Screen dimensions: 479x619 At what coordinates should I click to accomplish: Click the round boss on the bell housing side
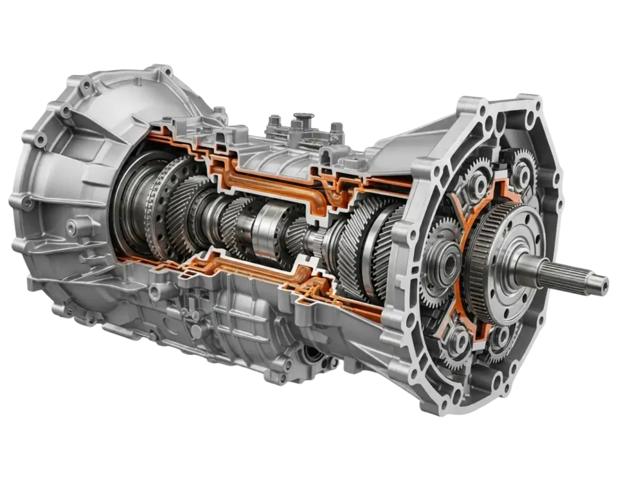pos(73,227)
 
